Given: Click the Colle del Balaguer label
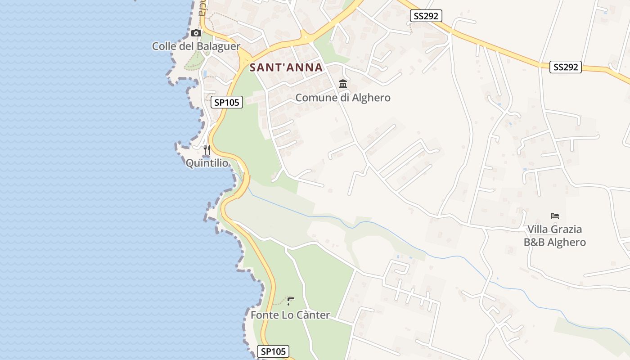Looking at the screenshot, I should (x=196, y=46).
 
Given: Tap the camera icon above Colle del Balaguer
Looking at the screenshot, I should (x=196, y=33).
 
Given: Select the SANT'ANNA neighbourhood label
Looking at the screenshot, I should (x=286, y=67).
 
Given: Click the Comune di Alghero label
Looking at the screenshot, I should (x=343, y=98).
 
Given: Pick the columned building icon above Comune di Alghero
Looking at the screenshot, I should (x=343, y=84).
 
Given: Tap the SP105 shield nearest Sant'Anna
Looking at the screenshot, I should (x=227, y=103).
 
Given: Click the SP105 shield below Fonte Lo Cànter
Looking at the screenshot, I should (x=273, y=351).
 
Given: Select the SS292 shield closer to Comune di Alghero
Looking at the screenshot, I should (x=426, y=16).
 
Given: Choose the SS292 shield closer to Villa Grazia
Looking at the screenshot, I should (x=566, y=67).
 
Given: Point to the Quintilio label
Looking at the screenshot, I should (x=207, y=163).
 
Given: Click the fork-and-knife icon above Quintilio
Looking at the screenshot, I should (x=207, y=150).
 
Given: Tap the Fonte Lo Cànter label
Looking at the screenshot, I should (x=290, y=315).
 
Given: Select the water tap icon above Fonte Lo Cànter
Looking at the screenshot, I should (x=291, y=301).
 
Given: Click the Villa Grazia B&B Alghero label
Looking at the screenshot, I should (x=555, y=236).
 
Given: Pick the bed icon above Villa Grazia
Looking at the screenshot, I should (x=555, y=216).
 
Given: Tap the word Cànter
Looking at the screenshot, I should (x=312, y=315).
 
